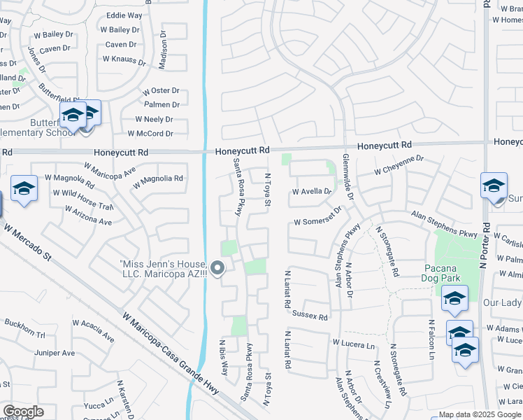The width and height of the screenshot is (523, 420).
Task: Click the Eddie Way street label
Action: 124,15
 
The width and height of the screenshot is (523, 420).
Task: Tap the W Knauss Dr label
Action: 125,60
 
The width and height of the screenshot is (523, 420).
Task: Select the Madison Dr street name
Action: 163,51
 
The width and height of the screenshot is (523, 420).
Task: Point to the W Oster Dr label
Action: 161,91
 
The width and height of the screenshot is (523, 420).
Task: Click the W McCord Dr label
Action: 150,134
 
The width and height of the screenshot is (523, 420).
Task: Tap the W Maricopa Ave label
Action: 110,173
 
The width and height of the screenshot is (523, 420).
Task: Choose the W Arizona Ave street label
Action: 88,216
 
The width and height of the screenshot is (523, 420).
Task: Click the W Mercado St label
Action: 27,242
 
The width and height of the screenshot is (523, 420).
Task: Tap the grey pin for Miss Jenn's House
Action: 217,268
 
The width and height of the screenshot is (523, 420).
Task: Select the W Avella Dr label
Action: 311,191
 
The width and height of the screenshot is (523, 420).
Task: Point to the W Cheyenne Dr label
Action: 399,165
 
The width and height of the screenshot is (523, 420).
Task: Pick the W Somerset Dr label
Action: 318,218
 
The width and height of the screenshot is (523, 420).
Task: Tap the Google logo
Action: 23,411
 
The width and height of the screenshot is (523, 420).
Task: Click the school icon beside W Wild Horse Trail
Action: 24,189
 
